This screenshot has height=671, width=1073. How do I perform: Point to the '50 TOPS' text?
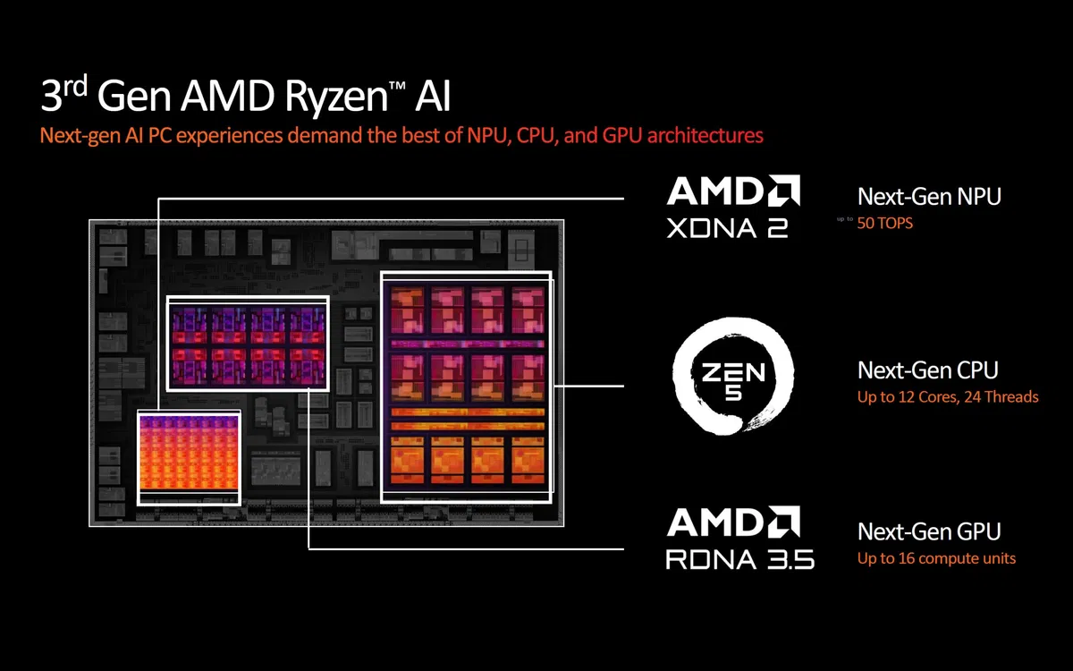[x=885, y=222]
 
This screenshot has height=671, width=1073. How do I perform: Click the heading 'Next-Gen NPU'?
[x=929, y=197]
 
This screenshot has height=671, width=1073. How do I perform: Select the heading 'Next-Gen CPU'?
[x=927, y=369]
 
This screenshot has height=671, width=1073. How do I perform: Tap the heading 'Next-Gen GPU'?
[x=929, y=531]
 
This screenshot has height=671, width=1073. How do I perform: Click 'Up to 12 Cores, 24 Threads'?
[x=948, y=396]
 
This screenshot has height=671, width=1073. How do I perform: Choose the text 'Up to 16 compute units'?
[x=936, y=558]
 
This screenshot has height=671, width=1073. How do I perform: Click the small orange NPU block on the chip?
[x=189, y=456]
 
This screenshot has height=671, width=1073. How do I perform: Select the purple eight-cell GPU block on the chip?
[x=249, y=344]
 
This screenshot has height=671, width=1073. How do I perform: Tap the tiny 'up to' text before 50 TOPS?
[x=845, y=218]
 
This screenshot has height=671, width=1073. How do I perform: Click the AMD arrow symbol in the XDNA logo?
[x=784, y=191]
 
